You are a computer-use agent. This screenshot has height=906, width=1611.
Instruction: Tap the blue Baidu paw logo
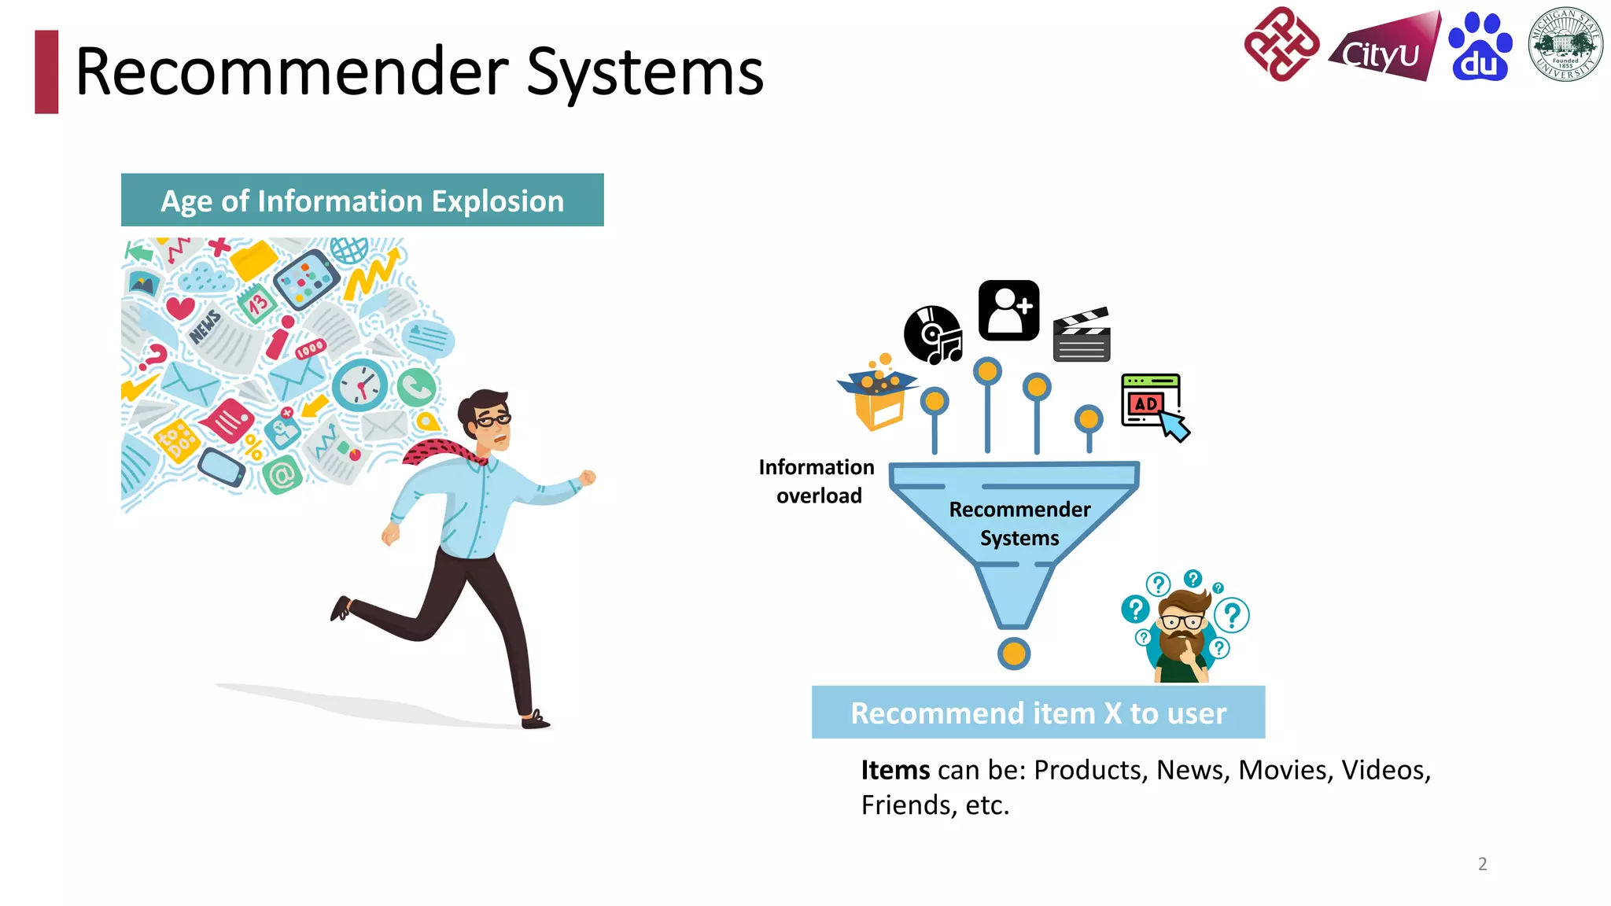(1480, 47)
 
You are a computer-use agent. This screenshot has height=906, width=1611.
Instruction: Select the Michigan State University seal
(1565, 45)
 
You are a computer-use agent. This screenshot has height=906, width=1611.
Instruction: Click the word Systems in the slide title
(644, 72)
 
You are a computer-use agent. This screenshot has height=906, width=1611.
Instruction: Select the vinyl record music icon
(933, 335)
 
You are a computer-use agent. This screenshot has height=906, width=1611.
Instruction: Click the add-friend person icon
(1008, 310)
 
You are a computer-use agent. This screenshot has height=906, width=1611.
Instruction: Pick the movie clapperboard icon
(1082, 335)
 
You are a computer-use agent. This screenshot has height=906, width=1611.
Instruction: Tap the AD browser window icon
(1152, 403)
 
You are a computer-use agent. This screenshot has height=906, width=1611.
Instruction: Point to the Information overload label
(817, 481)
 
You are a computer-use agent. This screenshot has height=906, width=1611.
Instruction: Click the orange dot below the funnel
(1014, 654)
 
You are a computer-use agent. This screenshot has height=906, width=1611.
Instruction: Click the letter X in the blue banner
(1112, 713)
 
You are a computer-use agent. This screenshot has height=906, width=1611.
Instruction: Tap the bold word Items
(895, 770)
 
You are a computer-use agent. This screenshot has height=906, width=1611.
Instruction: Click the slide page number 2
(1482, 864)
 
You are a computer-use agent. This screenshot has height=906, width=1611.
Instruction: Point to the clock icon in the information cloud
(360, 385)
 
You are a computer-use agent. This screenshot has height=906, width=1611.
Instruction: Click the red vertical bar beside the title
(46, 72)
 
